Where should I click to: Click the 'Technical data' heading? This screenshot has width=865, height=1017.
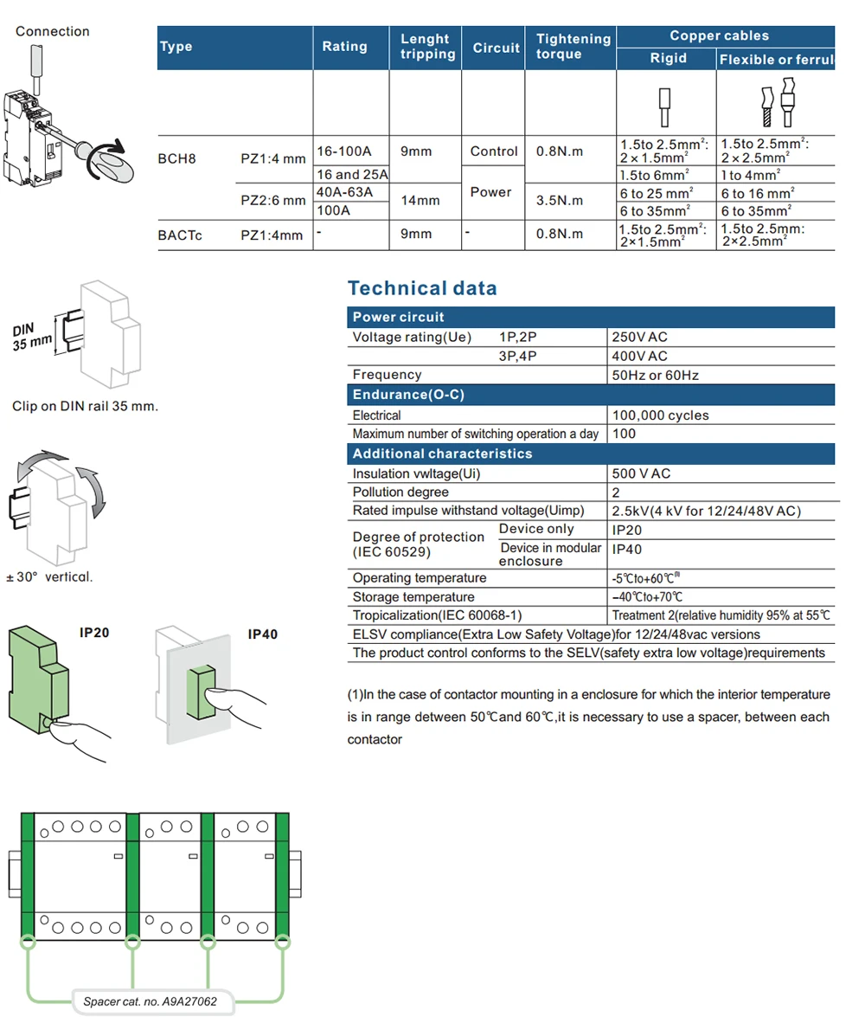[x=422, y=288]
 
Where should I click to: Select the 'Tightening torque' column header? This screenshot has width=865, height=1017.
[x=573, y=47]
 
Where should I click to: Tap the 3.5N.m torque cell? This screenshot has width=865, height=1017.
[x=559, y=201]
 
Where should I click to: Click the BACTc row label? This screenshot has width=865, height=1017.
[x=180, y=235]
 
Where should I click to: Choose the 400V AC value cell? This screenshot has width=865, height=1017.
[x=640, y=356]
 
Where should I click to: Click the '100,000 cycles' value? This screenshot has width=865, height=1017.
[x=660, y=415]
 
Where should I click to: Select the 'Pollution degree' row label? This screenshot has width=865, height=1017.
[x=400, y=492]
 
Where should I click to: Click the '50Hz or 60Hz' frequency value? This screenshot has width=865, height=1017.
[x=655, y=375]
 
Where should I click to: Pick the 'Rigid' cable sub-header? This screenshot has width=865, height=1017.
[x=667, y=58]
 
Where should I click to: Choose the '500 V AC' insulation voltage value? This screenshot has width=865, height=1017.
[x=641, y=473]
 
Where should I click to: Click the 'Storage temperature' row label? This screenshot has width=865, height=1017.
[x=413, y=597]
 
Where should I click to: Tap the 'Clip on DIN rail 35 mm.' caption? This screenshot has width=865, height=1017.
[x=85, y=406]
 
